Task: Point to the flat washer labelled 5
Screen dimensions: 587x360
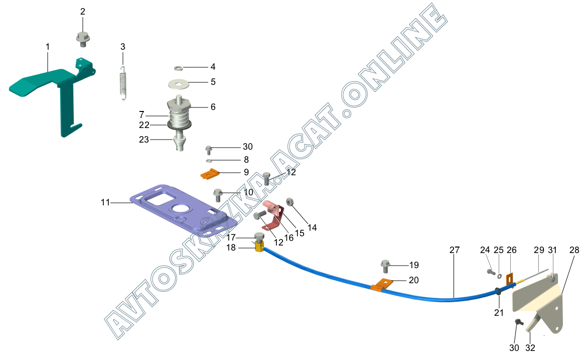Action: click(178, 82)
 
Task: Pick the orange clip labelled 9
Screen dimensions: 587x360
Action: click(210, 174)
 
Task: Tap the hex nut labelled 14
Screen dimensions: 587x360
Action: click(290, 202)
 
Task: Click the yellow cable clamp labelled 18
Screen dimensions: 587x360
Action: click(259, 247)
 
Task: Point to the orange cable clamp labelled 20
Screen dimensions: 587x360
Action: click(382, 285)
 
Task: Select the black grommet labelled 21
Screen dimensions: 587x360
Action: click(499, 291)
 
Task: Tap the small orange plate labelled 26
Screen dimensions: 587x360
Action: click(509, 280)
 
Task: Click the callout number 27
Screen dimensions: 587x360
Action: click(454, 250)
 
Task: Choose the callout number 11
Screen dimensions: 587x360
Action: click(105, 202)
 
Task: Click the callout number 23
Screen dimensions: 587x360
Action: click(144, 140)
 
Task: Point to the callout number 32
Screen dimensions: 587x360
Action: click(530, 347)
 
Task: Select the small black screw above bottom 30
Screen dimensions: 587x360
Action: click(518, 322)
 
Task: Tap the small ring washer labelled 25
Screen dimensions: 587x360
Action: click(499, 276)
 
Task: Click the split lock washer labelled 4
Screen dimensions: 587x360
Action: click(178, 68)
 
